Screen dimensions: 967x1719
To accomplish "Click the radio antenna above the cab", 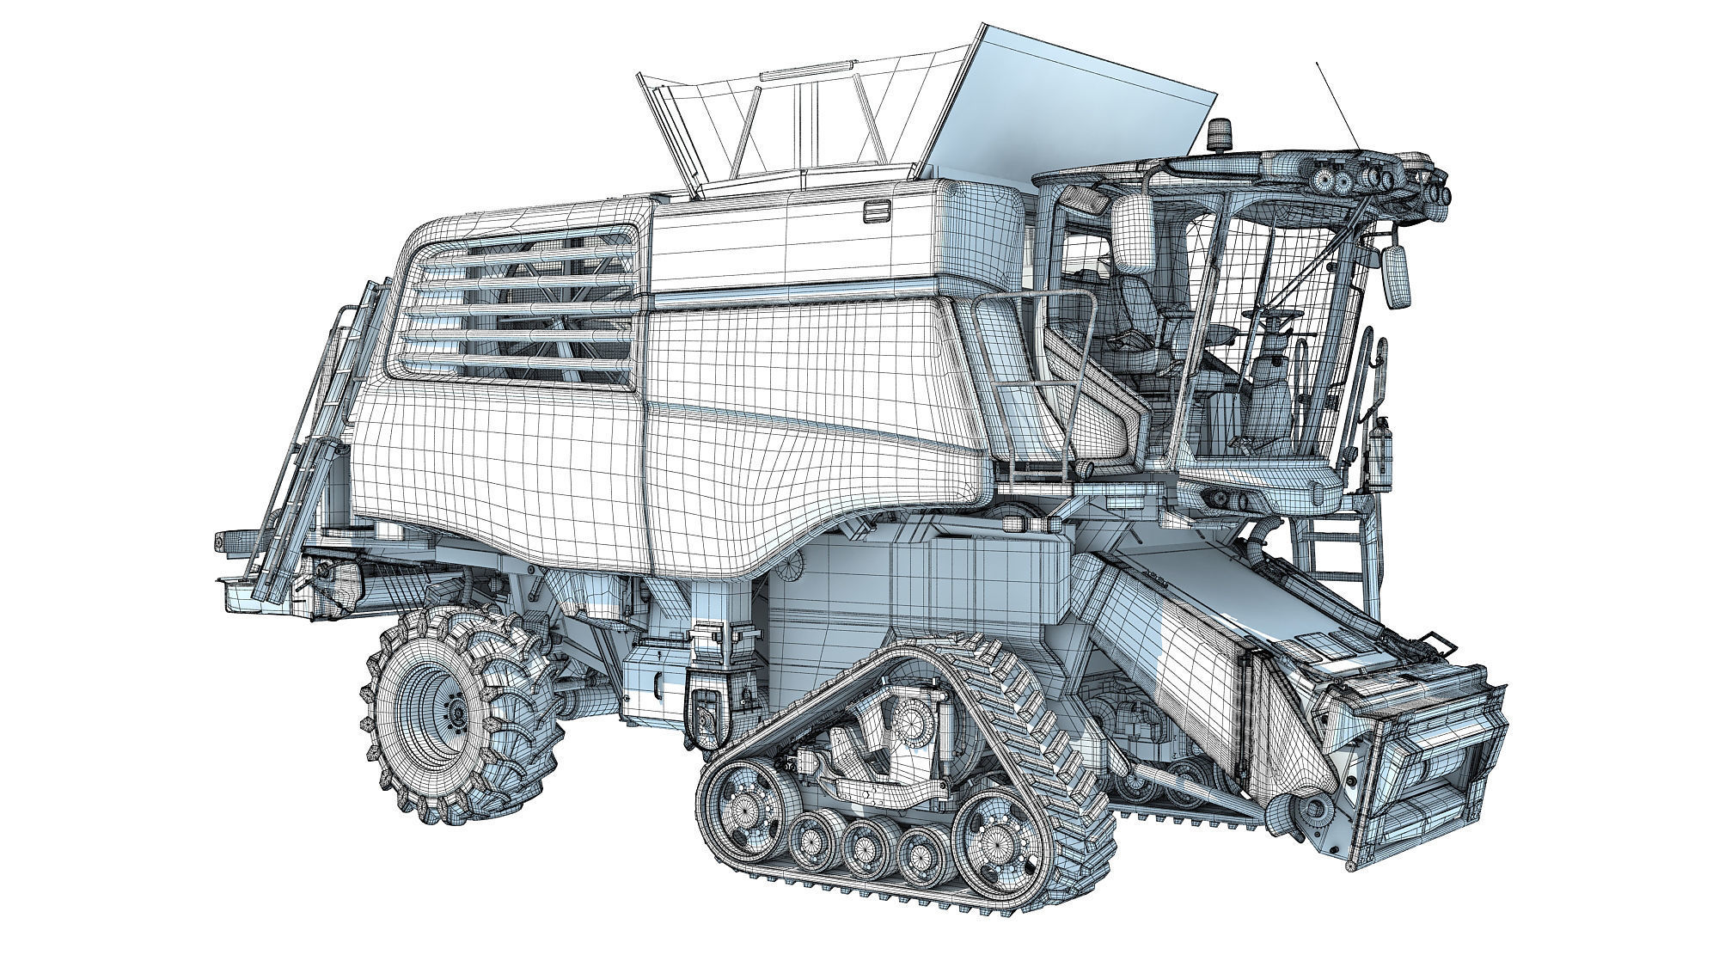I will pyautogui.click(x=1337, y=103).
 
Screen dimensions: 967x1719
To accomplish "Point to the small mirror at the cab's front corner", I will pyautogui.click(x=1398, y=275).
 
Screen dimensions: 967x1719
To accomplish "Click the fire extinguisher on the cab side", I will pyautogui.click(x=1380, y=451).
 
